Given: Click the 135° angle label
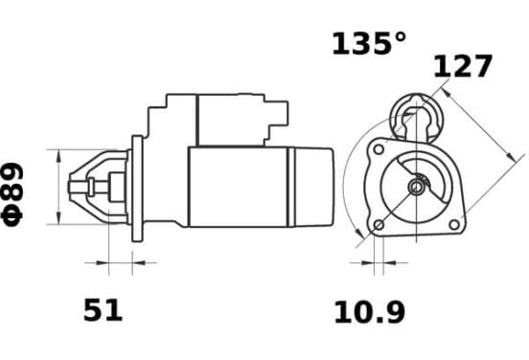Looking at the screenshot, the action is pyautogui.click(x=369, y=44).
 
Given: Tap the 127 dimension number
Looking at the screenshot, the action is pyautogui.click(x=463, y=66).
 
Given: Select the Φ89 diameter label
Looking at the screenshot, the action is pyautogui.click(x=12, y=193).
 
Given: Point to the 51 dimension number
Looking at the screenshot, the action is pyautogui.click(x=103, y=310).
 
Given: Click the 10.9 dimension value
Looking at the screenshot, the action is pyautogui.click(x=370, y=312).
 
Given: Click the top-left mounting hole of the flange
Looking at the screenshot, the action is pyautogui.click(x=379, y=149).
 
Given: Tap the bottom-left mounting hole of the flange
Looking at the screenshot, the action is pyautogui.click(x=379, y=225).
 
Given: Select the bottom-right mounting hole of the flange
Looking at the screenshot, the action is pyautogui.click(x=454, y=224).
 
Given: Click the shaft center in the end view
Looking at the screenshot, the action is pyautogui.click(x=417, y=187).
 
